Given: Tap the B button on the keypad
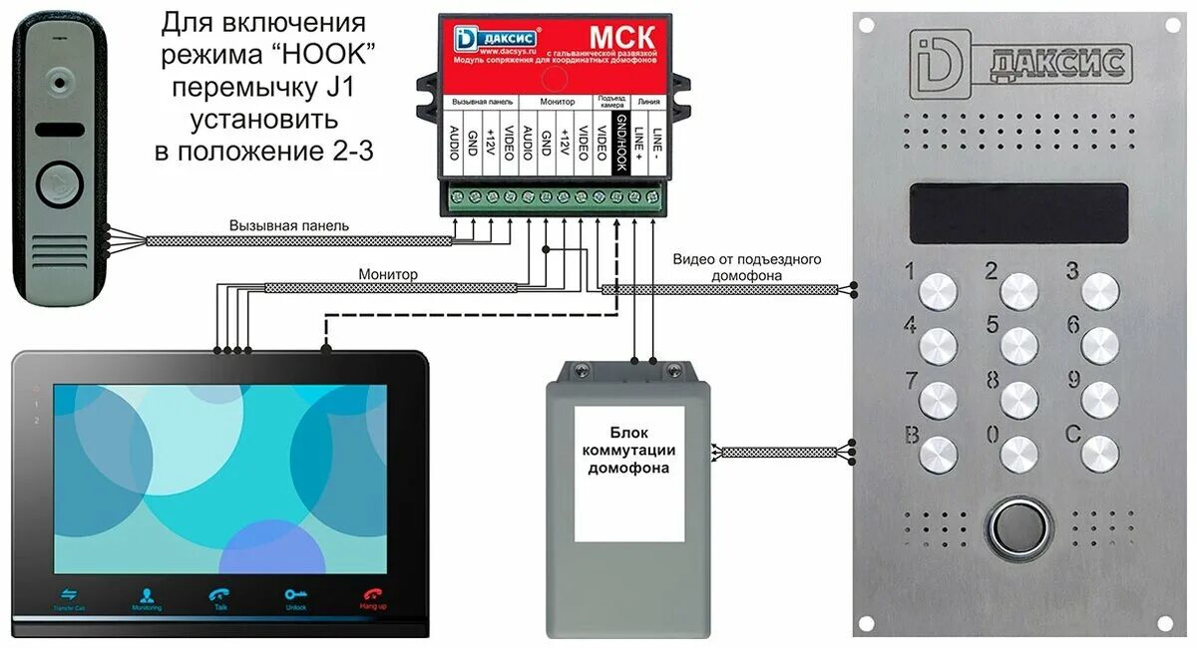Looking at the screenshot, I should click(x=939, y=454).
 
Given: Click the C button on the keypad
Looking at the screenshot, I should click(x=1099, y=454).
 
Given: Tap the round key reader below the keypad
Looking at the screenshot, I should click(x=1018, y=526).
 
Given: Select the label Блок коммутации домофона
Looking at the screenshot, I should click(x=628, y=454).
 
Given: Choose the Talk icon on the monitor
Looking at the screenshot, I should click(x=220, y=596).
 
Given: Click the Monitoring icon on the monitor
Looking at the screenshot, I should click(x=146, y=596).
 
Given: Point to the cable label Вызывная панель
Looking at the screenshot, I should click(x=289, y=226).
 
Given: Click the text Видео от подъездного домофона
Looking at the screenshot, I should click(x=746, y=266).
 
